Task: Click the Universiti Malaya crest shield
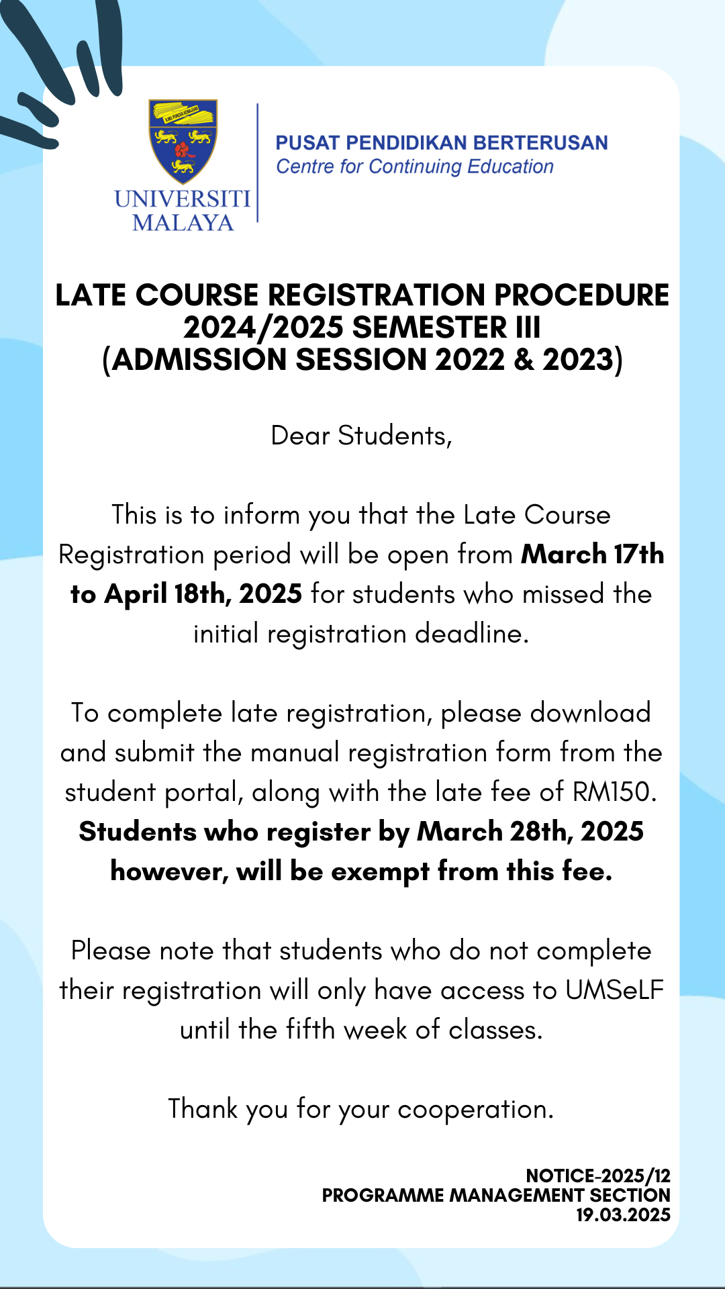coord(183,141)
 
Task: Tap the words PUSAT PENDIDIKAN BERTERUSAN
coord(442,143)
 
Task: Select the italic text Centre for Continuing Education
coord(415,166)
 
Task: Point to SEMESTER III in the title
coord(446,328)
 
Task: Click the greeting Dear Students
coord(361,436)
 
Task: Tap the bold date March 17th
coord(593,555)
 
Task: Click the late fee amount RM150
coord(614,792)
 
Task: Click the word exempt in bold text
coord(380,871)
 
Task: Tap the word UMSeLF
coord(614,990)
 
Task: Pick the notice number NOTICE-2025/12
coord(598,1176)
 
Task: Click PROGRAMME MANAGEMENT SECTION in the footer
coord(496,1195)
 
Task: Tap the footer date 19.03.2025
coord(623,1214)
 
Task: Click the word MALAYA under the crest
coord(183,222)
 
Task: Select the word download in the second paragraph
coord(590,713)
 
